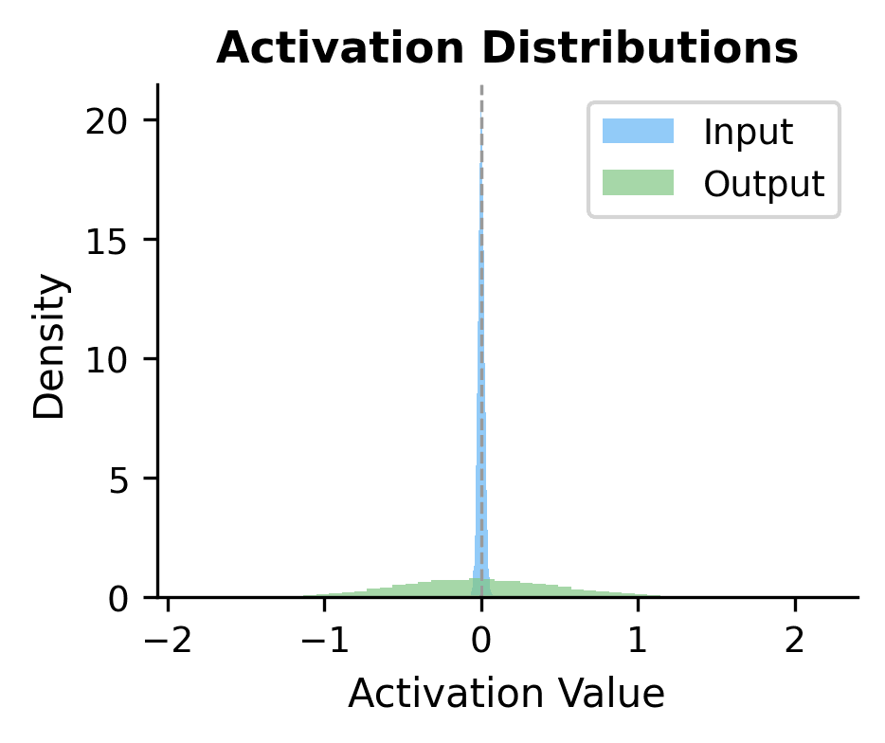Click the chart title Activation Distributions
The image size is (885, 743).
[x=507, y=50]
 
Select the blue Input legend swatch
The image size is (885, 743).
[x=638, y=132]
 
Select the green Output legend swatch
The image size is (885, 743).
[x=638, y=182]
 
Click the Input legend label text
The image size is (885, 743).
[x=748, y=132]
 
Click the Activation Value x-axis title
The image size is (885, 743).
[x=506, y=695]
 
